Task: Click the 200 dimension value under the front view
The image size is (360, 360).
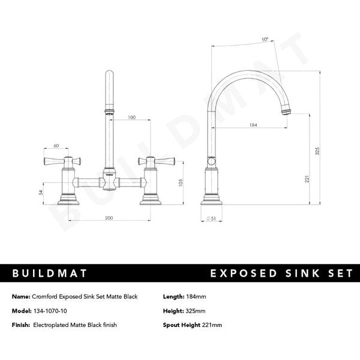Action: (x=109, y=218)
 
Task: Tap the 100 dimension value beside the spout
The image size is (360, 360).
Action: (x=131, y=118)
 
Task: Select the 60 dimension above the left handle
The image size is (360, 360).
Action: (x=56, y=146)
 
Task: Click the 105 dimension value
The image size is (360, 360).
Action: (x=180, y=182)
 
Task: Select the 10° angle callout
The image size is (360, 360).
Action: (x=248, y=39)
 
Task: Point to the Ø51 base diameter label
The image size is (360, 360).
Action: (x=211, y=218)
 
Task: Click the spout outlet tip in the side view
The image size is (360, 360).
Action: (x=288, y=111)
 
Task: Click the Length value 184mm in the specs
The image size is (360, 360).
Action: (x=196, y=296)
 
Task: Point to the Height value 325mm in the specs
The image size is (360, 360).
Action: (x=196, y=311)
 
